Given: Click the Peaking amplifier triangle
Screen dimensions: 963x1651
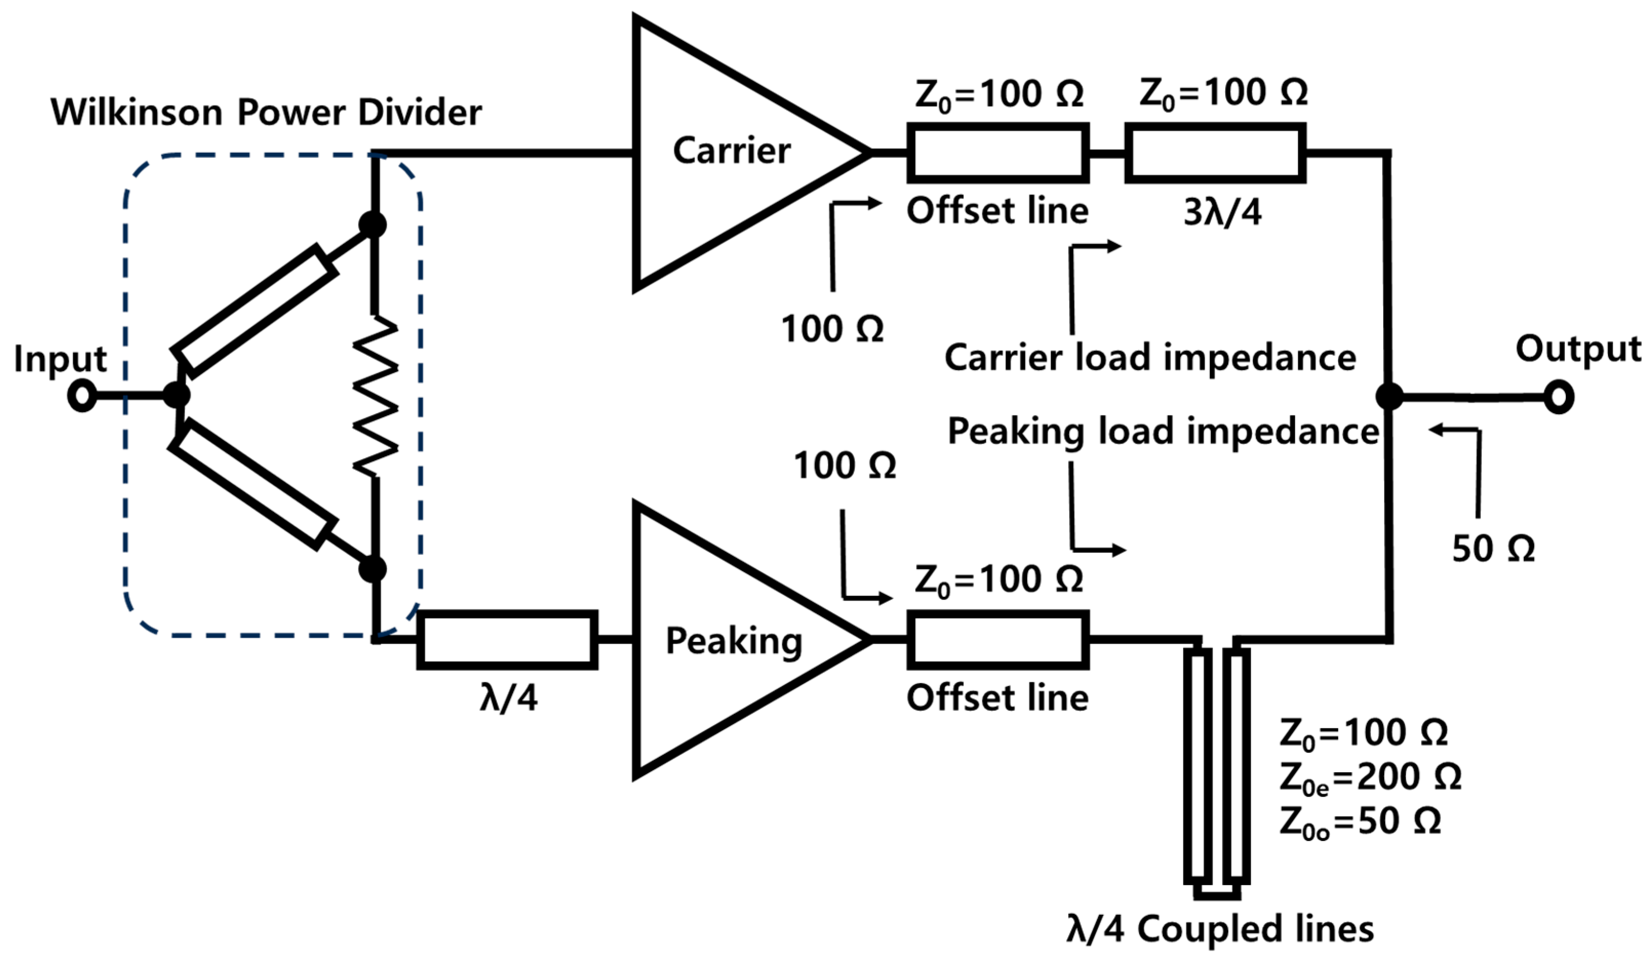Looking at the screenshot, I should click(721, 640).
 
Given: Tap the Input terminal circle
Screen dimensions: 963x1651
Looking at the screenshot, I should click(83, 396).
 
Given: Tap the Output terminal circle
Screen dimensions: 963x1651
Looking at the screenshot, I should click(1559, 397).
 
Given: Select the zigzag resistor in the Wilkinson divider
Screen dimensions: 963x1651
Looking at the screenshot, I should click(375, 396).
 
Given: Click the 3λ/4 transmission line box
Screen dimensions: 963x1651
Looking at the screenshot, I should click(1216, 153).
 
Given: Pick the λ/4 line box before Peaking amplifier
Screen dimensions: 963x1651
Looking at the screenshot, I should click(507, 640).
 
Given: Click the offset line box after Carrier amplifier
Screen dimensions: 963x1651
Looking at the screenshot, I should click(998, 153).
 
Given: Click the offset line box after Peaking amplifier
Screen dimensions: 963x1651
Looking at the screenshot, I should click(998, 640).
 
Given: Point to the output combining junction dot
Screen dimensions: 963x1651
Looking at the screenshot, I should click(1388, 396).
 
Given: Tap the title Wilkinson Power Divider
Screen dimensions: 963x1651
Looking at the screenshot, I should click(266, 113).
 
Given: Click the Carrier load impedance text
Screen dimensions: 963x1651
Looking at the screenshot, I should click(1150, 358).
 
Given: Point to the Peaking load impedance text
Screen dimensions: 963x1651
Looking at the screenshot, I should click(1163, 432).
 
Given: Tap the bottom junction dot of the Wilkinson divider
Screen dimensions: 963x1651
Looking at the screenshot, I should click(373, 569).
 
